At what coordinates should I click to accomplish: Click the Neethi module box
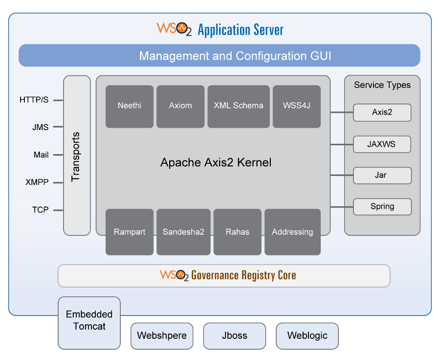pos(130,106)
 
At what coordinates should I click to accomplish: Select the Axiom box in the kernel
pos(180,106)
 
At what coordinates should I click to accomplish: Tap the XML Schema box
pos(239,106)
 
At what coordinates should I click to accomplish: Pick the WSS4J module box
pos(296,106)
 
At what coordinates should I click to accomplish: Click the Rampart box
pos(130,232)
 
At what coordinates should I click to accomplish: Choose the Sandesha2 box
pos(183,232)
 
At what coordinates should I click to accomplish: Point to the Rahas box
pos(237,232)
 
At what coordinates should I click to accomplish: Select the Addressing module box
pos(292,232)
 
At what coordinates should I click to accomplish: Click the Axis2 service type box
pos(382,112)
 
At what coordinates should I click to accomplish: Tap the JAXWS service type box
pos(382,144)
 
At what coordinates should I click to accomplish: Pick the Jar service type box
pos(382,175)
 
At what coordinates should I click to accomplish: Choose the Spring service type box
pos(382,206)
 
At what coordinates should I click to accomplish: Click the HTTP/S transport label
pos(34,100)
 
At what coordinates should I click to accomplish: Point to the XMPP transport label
pos(37,182)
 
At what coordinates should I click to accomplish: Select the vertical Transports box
pos(77,156)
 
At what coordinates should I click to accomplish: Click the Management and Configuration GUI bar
pos(219,56)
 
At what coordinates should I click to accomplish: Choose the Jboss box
pos(234,336)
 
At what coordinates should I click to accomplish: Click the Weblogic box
pos(307,336)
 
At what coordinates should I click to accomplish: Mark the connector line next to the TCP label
pos(58,210)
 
